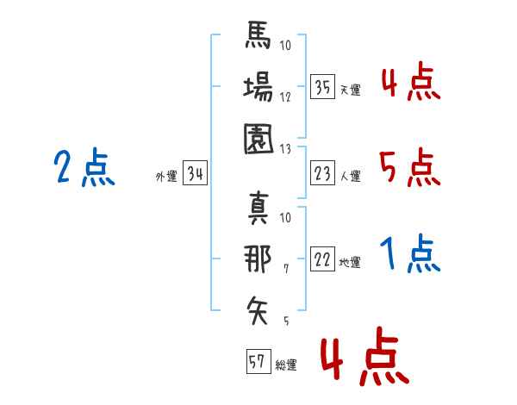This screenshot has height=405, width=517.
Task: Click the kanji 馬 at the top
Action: tap(258, 39)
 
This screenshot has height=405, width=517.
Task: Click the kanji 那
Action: tap(258, 259)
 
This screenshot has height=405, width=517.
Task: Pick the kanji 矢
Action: tap(258, 308)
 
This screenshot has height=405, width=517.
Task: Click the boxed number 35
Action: tap(322, 87)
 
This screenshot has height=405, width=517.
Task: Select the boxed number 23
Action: tap(322, 173)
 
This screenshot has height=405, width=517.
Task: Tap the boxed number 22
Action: tap(322, 259)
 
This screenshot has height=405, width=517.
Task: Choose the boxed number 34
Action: tap(195, 174)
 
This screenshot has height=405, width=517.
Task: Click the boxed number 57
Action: tap(258, 362)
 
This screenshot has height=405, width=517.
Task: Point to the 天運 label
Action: tap(350, 90)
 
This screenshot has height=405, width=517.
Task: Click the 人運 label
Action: tap(350, 176)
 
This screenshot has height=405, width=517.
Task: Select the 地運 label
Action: tap(350, 262)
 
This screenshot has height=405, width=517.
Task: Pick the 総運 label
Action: tap(286, 364)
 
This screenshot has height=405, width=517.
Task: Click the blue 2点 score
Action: tap(84, 167)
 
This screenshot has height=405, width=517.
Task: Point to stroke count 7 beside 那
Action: tap(286, 270)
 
